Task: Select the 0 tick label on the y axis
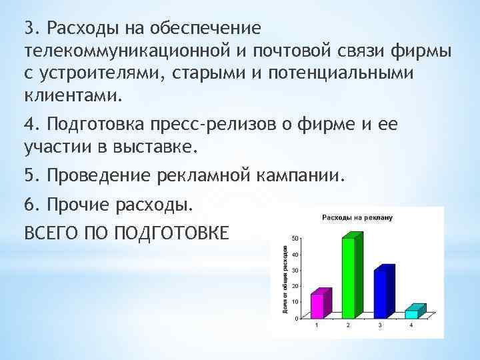(296, 318)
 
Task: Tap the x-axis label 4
(411, 325)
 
